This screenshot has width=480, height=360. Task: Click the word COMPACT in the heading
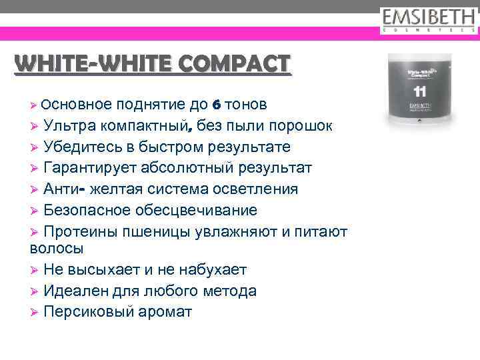234,63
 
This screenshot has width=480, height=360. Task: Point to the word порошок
297,126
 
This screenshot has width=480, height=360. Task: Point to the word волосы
57,249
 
